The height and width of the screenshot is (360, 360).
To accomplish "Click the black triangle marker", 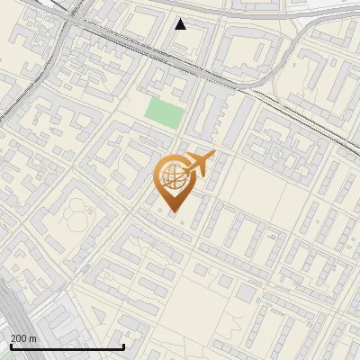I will (x=181, y=24).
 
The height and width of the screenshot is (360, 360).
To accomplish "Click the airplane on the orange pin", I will (x=198, y=165).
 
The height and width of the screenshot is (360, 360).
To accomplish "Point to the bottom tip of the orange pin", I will (x=173, y=212).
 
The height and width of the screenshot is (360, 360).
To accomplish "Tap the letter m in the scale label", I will (x=33, y=338).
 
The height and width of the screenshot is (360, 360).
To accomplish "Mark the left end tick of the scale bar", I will (x=11, y=346).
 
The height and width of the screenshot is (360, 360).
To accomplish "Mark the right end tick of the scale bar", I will (x=123, y=346).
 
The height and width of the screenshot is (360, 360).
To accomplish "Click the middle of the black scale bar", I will (x=67, y=347).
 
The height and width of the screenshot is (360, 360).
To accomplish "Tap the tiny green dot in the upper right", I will (x=293, y=65).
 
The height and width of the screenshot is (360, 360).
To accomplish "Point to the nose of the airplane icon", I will (x=213, y=157).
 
